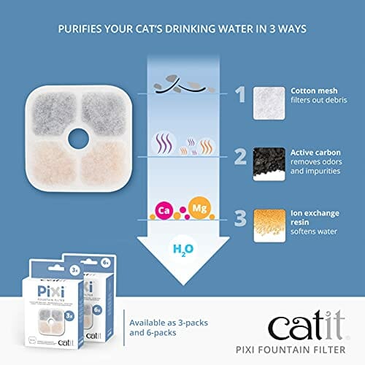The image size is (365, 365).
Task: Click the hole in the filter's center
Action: (x=80, y=135)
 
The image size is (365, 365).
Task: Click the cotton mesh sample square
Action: (x=269, y=101)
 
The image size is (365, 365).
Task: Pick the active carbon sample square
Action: (x=269, y=162)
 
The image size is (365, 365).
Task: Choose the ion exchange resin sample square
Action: (x=269, y=224)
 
